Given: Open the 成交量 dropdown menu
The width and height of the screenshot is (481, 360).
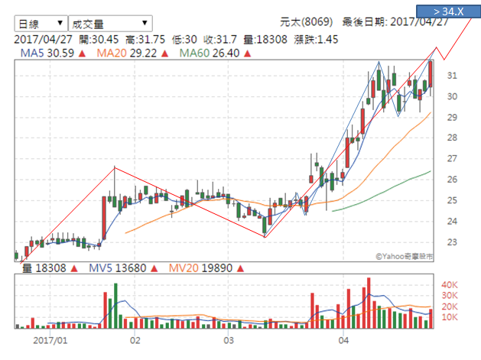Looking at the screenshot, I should [109, 24].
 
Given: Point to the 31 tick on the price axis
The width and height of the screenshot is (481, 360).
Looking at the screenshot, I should [452, 76].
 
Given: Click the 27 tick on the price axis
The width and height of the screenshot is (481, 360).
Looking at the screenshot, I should [452, 159].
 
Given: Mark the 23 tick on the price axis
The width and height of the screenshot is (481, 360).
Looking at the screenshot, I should [452, 242].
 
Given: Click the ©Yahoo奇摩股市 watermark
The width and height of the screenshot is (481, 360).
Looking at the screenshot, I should [403, 258].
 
